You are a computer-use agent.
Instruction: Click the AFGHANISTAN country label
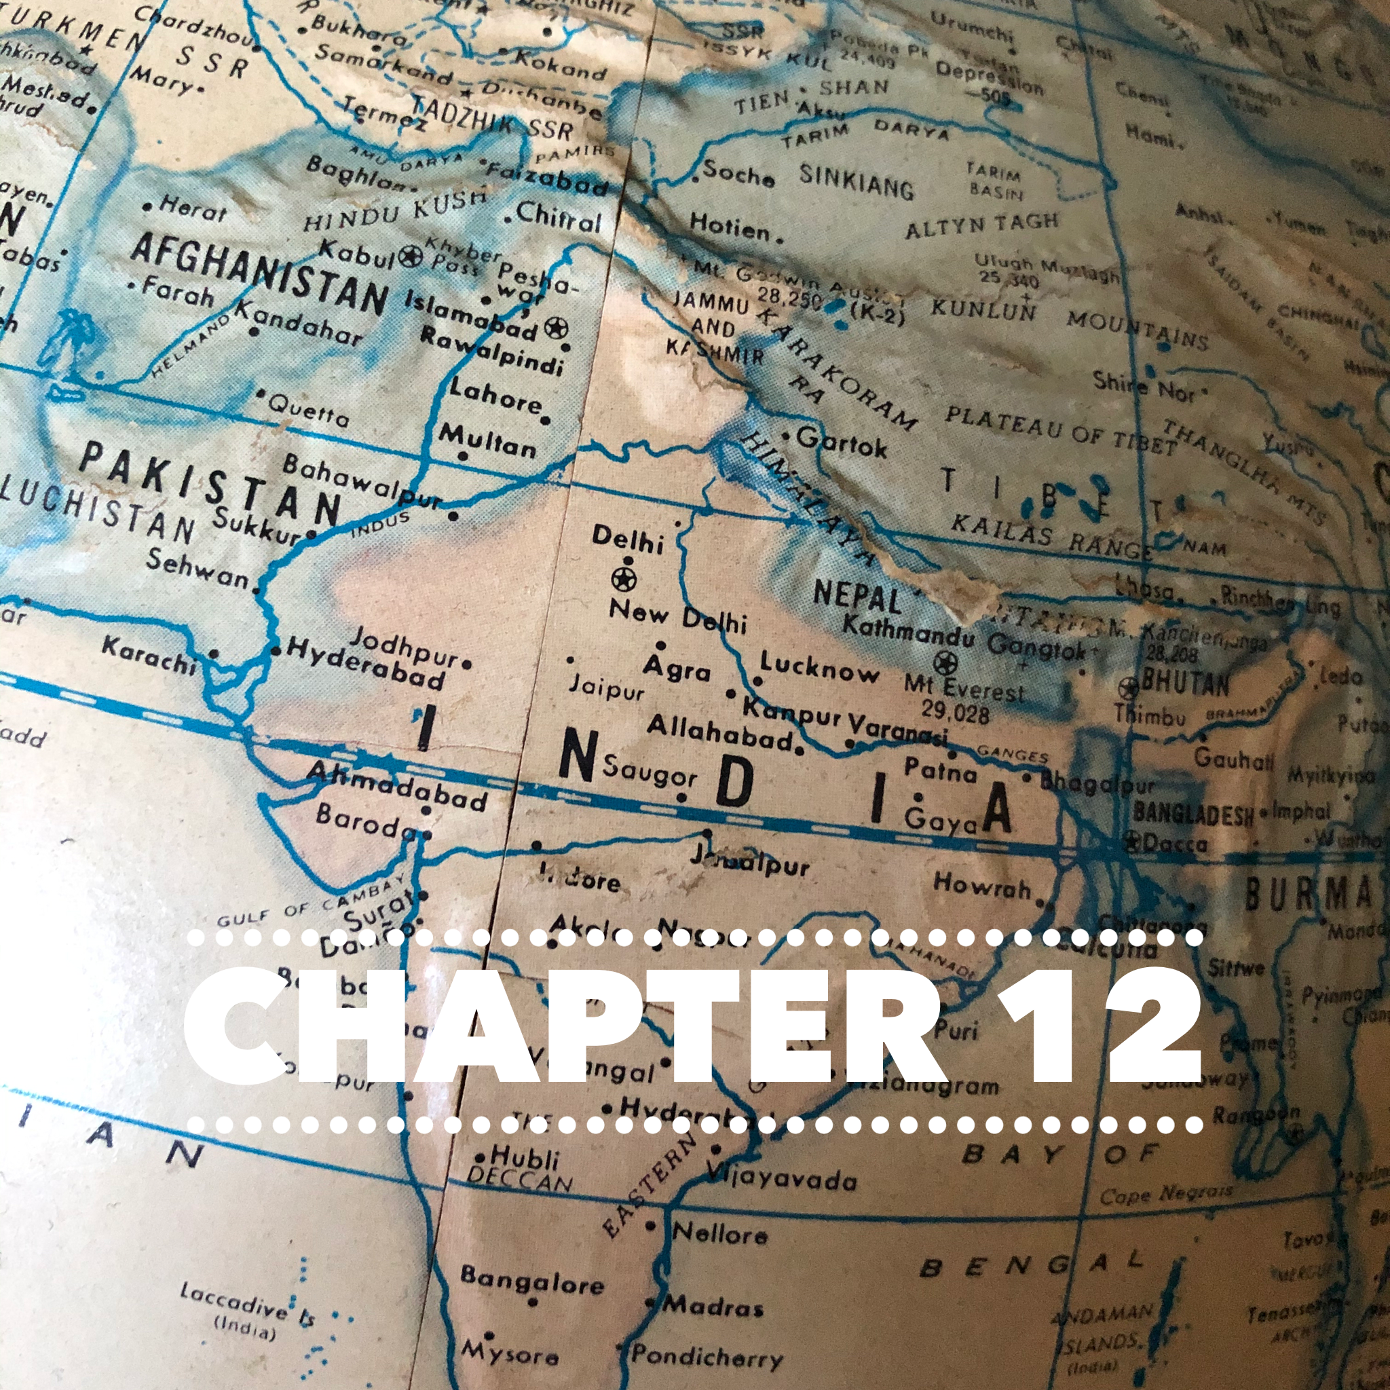point(259,271)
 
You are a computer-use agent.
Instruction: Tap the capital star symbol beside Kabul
point(411,256)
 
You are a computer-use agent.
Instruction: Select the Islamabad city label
point(471,314)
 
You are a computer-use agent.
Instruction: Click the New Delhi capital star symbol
point(624,578)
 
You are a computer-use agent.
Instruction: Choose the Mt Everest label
point(963,688)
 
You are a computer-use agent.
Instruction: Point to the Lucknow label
point(819,669)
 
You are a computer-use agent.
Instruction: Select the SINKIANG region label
point(856,181)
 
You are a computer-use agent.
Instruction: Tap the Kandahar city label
point(299,323)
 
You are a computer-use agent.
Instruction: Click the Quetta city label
point(309,411)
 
